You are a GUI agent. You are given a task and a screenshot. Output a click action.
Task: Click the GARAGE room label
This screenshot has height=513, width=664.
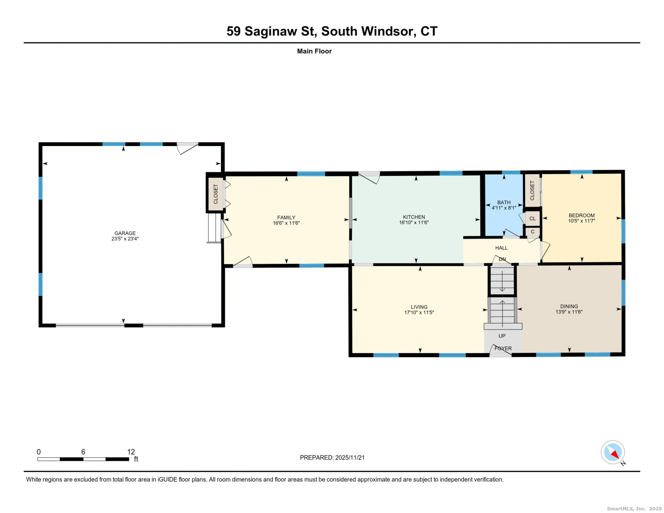[125, 233]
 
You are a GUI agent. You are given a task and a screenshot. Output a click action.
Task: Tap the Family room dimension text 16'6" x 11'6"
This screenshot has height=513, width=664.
[286, 223]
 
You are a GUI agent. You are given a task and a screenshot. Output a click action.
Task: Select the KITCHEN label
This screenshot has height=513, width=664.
[413, 217]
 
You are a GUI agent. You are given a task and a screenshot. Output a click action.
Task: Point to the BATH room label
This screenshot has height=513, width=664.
[503, 203]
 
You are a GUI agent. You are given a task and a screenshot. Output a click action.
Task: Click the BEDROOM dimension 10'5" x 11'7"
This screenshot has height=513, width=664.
[581, 221]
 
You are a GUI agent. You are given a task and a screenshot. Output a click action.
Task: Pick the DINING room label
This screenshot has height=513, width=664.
[569, 306]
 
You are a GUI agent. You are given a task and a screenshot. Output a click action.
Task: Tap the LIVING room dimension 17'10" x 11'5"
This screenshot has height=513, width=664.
[419, 312]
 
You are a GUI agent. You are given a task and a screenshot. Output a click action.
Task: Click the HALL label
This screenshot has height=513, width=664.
[501, 248]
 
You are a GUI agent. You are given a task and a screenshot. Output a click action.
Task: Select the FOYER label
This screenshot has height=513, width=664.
[503, 348]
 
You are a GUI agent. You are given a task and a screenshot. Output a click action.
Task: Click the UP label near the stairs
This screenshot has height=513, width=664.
[501, 336]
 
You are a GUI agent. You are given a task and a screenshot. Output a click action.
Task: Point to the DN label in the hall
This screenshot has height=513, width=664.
[502, 259]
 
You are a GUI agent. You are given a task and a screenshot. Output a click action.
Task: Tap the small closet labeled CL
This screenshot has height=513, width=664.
[532, 218]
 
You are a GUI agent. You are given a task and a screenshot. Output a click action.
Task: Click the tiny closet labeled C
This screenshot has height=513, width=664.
[532, 232]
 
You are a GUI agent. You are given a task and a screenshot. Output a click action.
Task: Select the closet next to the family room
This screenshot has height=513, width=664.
[215, 194]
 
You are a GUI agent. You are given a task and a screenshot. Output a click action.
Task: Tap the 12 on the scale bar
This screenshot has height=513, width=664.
[131, 452]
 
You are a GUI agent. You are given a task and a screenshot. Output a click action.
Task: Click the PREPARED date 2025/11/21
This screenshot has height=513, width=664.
[349, 458]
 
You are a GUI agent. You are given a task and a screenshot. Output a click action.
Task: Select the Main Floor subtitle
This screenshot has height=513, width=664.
[314, 51]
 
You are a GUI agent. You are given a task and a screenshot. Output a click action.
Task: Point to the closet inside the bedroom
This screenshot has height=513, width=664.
[532, 190]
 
